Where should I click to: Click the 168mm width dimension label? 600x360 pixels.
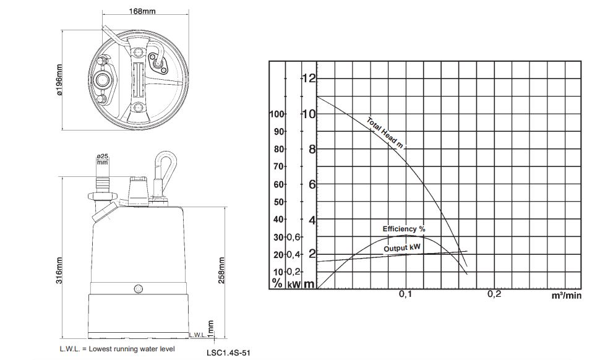[142, 11]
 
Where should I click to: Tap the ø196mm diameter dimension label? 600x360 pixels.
[59, 80]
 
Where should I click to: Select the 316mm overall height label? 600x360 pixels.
[59, 270]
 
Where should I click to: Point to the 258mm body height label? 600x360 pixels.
[221, 270]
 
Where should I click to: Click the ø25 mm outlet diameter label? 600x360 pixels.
[103, 159]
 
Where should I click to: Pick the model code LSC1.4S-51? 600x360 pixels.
[228, 353]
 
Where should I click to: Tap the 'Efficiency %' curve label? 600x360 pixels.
[404, 229]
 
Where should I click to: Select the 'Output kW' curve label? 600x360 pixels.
[402, 248]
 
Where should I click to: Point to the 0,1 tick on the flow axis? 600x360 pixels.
[405, 294]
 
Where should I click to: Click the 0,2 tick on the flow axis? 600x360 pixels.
[494, 294]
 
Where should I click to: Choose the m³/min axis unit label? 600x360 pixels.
[567, 295]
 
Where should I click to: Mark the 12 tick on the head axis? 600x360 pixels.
[309, 79]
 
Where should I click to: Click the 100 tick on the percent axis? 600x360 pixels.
[276, 114]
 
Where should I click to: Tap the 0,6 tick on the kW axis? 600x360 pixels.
[294, 237]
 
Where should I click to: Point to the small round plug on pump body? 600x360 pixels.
[139, 288]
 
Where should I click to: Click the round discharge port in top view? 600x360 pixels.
[103, 80]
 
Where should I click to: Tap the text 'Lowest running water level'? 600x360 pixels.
[132, 349]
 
